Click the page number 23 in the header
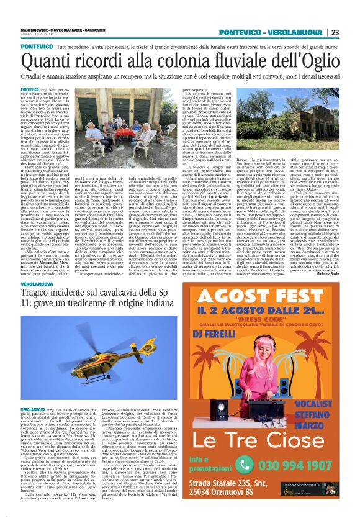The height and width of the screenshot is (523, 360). click(352, 32)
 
